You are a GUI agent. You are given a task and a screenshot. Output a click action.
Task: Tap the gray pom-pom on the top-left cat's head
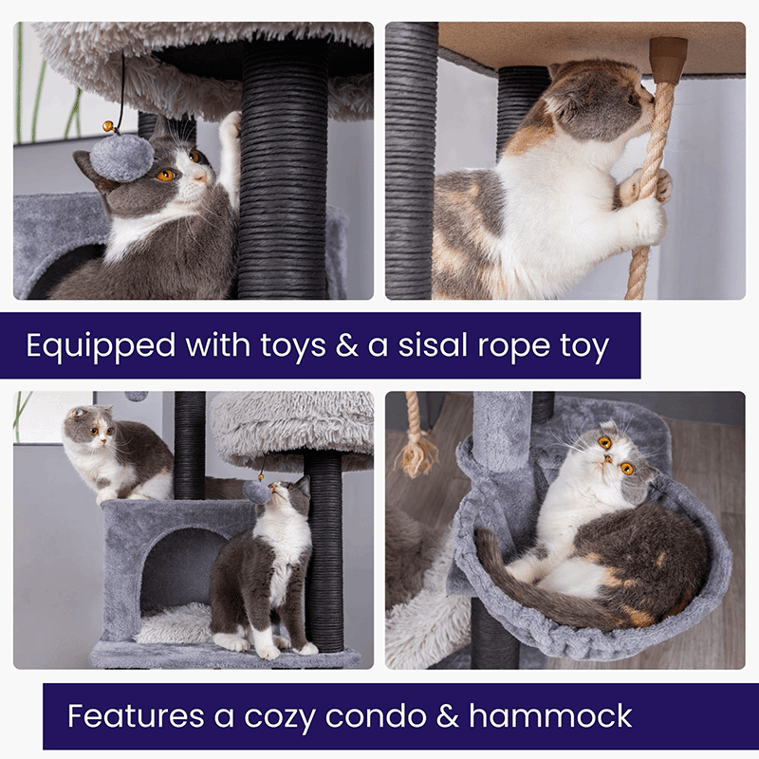click(118, 157)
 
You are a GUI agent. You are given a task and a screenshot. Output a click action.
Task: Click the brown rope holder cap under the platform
click(668, 59)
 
